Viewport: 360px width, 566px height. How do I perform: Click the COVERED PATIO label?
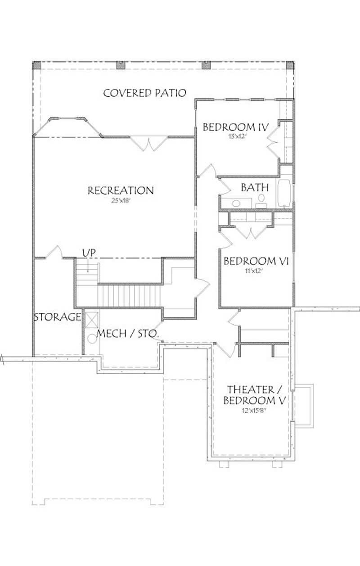tap(144, 93)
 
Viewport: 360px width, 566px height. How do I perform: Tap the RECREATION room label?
tap(121, 190)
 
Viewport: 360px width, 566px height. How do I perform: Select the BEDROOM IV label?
tap(235, 127)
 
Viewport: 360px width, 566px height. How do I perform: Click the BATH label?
tap(255, 187)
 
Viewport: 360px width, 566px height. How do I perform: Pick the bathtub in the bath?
tap(284, 194)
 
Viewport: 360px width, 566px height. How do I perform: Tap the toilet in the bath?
tap(261, 199)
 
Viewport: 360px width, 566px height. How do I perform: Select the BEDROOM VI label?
tap(256, 261)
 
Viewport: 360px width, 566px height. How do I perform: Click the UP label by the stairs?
tap(88, 252)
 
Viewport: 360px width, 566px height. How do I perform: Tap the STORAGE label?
tap(57, 317)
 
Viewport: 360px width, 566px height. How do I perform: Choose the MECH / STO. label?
tap(127, 334)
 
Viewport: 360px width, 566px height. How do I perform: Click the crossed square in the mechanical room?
tap(92, 319)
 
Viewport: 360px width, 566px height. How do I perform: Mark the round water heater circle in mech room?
tap(91, 340)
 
